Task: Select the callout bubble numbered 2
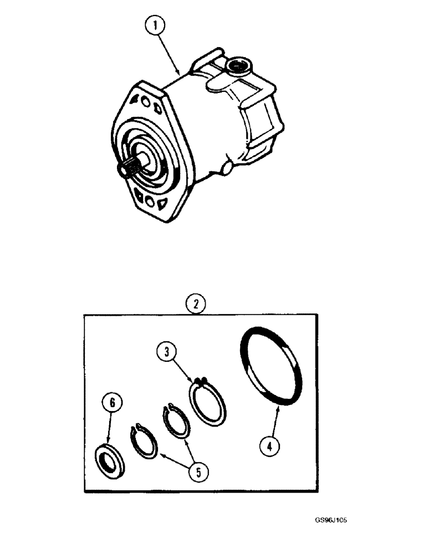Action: (193, 304)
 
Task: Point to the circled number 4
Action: (269, 446)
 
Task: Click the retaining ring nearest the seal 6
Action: (144, 443)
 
